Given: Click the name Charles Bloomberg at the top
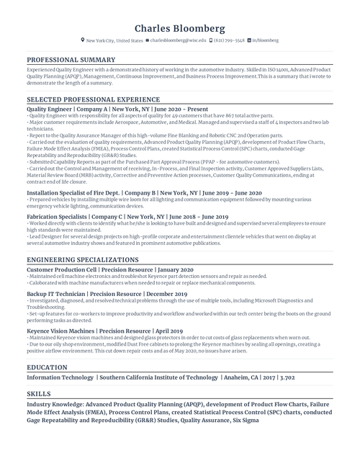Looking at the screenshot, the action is coord(179,28).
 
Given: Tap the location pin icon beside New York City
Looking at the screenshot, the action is coord(83,41).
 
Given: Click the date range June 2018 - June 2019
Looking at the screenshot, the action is coord(197,216).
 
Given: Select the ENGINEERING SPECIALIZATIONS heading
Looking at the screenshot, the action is coord(82,259).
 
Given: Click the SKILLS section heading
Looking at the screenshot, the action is coord(39,394).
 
